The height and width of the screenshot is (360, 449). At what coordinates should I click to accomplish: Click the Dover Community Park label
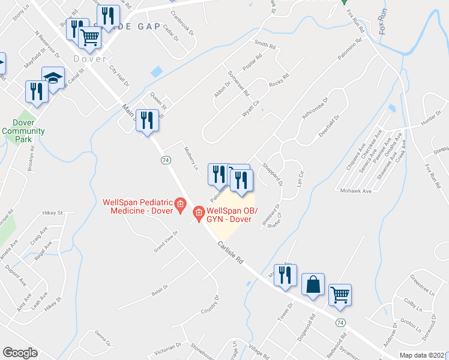pyautogui.click(x=23, y=131)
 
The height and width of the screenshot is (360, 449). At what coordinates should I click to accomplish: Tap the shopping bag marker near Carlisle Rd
pyautogui.click(x=314, y=285)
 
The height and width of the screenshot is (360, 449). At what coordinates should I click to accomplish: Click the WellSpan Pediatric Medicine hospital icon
pyautogui.click(x=179, y=206)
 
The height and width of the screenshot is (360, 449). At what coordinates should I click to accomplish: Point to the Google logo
pyautogui.click(x=20, y=353)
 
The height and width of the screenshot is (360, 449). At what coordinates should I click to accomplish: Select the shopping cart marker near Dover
pyautogui.click(x=90, y=38)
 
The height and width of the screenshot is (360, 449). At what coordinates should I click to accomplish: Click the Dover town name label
pyautogui.click(x=90, y=59)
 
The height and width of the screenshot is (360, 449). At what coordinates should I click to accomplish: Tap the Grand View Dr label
pyautogui.click(x=167, y=241)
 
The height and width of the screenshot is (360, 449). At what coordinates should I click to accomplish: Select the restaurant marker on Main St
pyautogui.click(x=146, y=121)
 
